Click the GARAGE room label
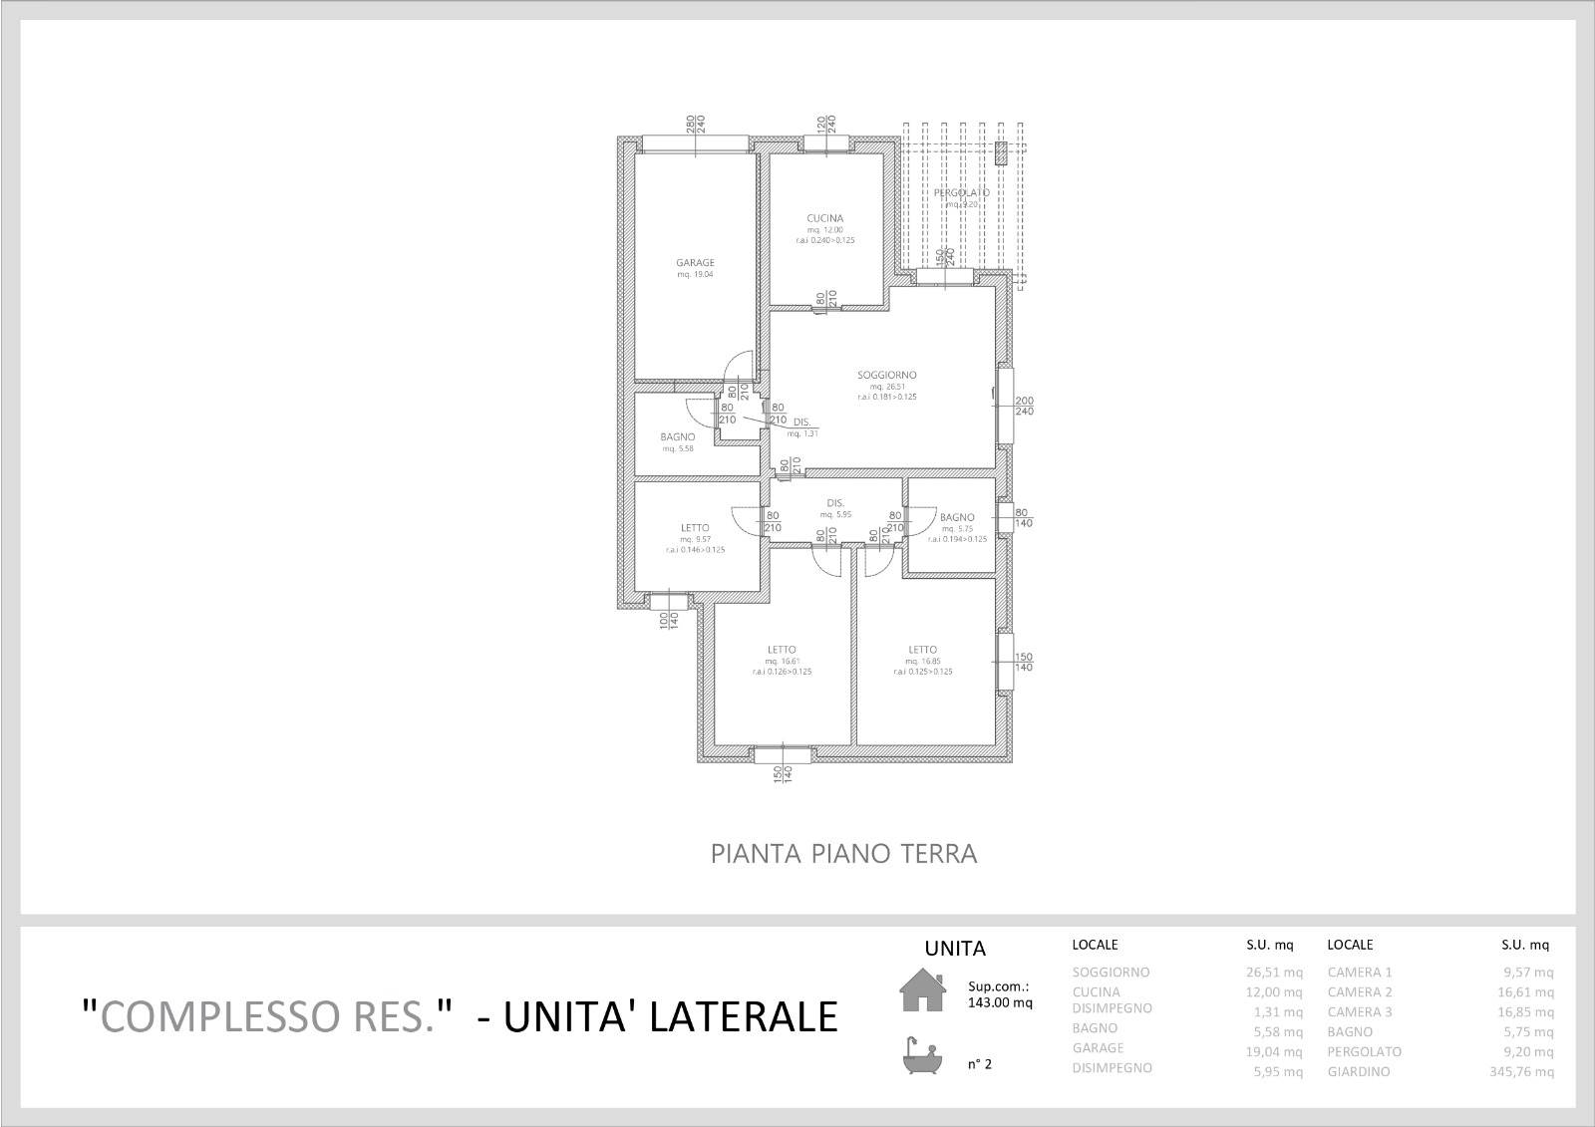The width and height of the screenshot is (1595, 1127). tap(695, 263)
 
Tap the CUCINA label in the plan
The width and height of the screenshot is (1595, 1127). tap(825, 218)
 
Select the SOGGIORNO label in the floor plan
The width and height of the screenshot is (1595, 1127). tap(886, 376)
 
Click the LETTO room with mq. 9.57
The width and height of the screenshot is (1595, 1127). tap(695, 528)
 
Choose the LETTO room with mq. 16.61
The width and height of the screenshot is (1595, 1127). tap(782, 650)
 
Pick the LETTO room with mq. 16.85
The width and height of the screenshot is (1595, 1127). tap(922, 650)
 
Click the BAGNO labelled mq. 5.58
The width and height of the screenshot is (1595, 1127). tap(677, 437)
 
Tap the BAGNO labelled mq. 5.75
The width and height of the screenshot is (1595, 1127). tap(956, 517)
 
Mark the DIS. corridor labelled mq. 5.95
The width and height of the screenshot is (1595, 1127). tap(835, 503)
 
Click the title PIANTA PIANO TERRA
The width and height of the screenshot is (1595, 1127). tap(843, 854)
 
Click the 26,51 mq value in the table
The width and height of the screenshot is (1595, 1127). tap(1278, 973)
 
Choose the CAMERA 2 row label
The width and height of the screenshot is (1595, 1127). tap(1360, 992)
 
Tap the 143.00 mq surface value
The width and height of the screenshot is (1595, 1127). tap(1000, 1003)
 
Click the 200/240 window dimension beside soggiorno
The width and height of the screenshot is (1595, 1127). tap(1024, 406)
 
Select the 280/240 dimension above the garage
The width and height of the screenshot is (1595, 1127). tap(695, 124)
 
